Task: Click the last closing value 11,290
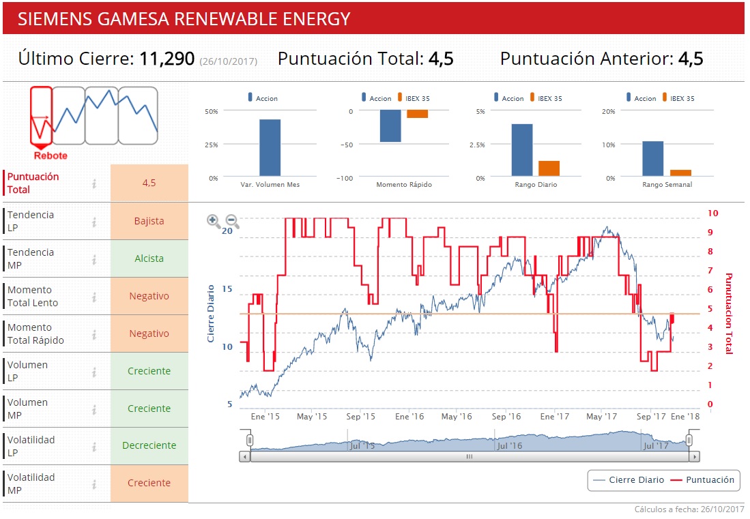[x=167, y=59]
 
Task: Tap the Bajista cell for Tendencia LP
[x=149, y=221]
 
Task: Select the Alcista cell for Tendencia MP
[x=149, y=258]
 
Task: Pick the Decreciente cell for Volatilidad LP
[x=149, y=445]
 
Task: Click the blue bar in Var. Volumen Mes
[x=270, y=148]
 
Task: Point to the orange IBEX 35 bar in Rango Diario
[x=549, y=168]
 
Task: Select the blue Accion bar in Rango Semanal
[x=652, y=159]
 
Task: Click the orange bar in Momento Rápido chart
[x=417, y=114]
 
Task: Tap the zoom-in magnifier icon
[x=214, y=220]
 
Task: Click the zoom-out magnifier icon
[x=232, y=220]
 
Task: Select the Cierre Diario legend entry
[x=629, y=480]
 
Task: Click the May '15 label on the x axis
[x=312, y=416]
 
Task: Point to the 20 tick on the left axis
[x=228, y=231]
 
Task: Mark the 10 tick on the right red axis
[x=712, y=213]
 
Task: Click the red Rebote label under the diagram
[x=51, y=155]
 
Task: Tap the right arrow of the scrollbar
[x=694, y=457]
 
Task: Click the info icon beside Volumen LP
[x=95, y=372]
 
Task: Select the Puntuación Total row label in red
[x=33, y=183]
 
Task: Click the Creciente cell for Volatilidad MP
[x=149, y=483]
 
